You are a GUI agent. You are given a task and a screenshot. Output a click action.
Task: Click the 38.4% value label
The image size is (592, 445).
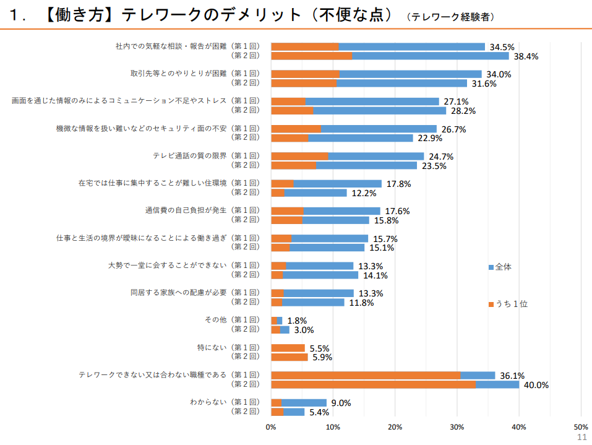click(x=526, y=56)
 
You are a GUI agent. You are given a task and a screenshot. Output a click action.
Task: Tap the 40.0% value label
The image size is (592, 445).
click(x=536, y=385)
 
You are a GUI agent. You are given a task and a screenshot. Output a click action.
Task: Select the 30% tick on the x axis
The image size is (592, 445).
click(x=457, y=426)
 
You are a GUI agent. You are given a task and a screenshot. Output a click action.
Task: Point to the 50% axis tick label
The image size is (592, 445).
click(x=581, y=426)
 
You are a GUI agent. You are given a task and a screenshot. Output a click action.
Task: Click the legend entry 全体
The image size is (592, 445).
click(x=503, y=267)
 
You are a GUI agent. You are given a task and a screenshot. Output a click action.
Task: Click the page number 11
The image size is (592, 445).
click(x=581, y=437)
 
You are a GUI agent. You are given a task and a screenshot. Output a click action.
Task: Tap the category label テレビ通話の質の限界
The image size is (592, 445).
click(x=189, y=155)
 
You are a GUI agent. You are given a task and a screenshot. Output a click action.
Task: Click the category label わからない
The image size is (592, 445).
click(x=208, y=402)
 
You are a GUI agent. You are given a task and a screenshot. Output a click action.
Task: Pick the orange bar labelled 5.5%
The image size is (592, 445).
click(x=288, y=348)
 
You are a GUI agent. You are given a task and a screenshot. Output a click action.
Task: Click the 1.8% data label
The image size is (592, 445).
click(x=297, y=321)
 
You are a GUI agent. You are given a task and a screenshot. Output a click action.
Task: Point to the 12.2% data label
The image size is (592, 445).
click(x=364, y=193)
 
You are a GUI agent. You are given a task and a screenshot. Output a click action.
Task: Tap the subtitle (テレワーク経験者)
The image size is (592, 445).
click(x=451, y=17)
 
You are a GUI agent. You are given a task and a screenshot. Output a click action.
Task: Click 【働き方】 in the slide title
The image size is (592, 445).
click(x=80, y=15)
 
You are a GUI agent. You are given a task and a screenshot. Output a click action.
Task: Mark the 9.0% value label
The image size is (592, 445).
click(x=341, y=403)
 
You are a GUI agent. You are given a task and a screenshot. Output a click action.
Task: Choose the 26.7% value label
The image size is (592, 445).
click(x=453, y=129)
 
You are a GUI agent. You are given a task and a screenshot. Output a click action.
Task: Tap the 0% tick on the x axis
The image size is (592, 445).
click(x=271, y=426)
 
